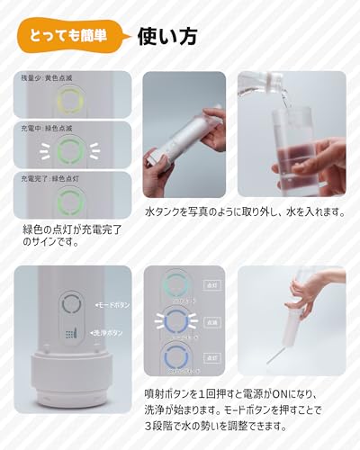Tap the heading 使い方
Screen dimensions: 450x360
pos(167,37)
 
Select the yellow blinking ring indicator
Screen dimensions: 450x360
pos(67,102)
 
